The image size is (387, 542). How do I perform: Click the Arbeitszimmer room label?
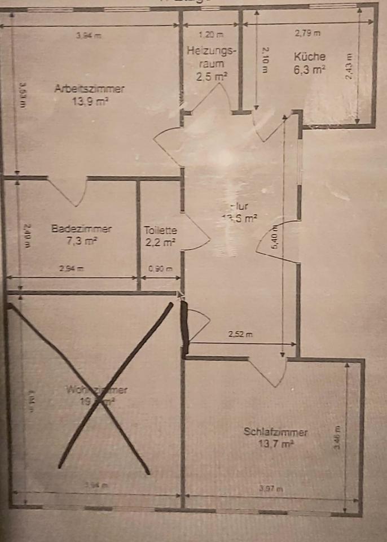[90, 88]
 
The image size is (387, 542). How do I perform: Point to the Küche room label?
[309, 56]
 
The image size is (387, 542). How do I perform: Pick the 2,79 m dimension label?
[307, 33]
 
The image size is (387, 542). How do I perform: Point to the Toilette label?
[160, 230]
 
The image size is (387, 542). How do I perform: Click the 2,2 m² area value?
[160, 243]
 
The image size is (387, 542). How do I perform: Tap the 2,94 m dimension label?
[71, 269]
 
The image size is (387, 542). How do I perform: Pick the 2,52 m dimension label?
[240, 334]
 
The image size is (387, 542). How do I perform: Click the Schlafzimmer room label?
[276, 432]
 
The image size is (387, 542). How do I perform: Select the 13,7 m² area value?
[276, 444]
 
